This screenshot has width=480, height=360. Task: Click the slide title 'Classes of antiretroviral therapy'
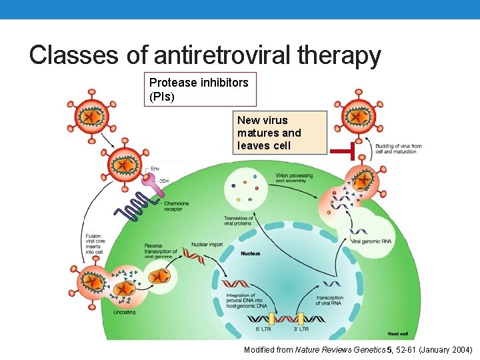tap(205, 55)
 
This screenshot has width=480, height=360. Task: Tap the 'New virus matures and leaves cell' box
tap(279, 133)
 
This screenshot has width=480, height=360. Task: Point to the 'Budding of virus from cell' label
tap(398, 149)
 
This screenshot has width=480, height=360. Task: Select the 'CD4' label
tap(163, 181)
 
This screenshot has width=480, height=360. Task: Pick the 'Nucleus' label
tap(251, 253)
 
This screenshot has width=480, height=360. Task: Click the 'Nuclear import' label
tap(207, 245)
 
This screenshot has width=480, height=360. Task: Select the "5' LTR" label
tap(264, 329)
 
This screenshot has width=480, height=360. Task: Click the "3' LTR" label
tap(301, 329)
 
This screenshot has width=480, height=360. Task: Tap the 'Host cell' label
tap(398, 333)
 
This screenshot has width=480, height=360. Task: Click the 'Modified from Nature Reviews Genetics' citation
tap(358, 349)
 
